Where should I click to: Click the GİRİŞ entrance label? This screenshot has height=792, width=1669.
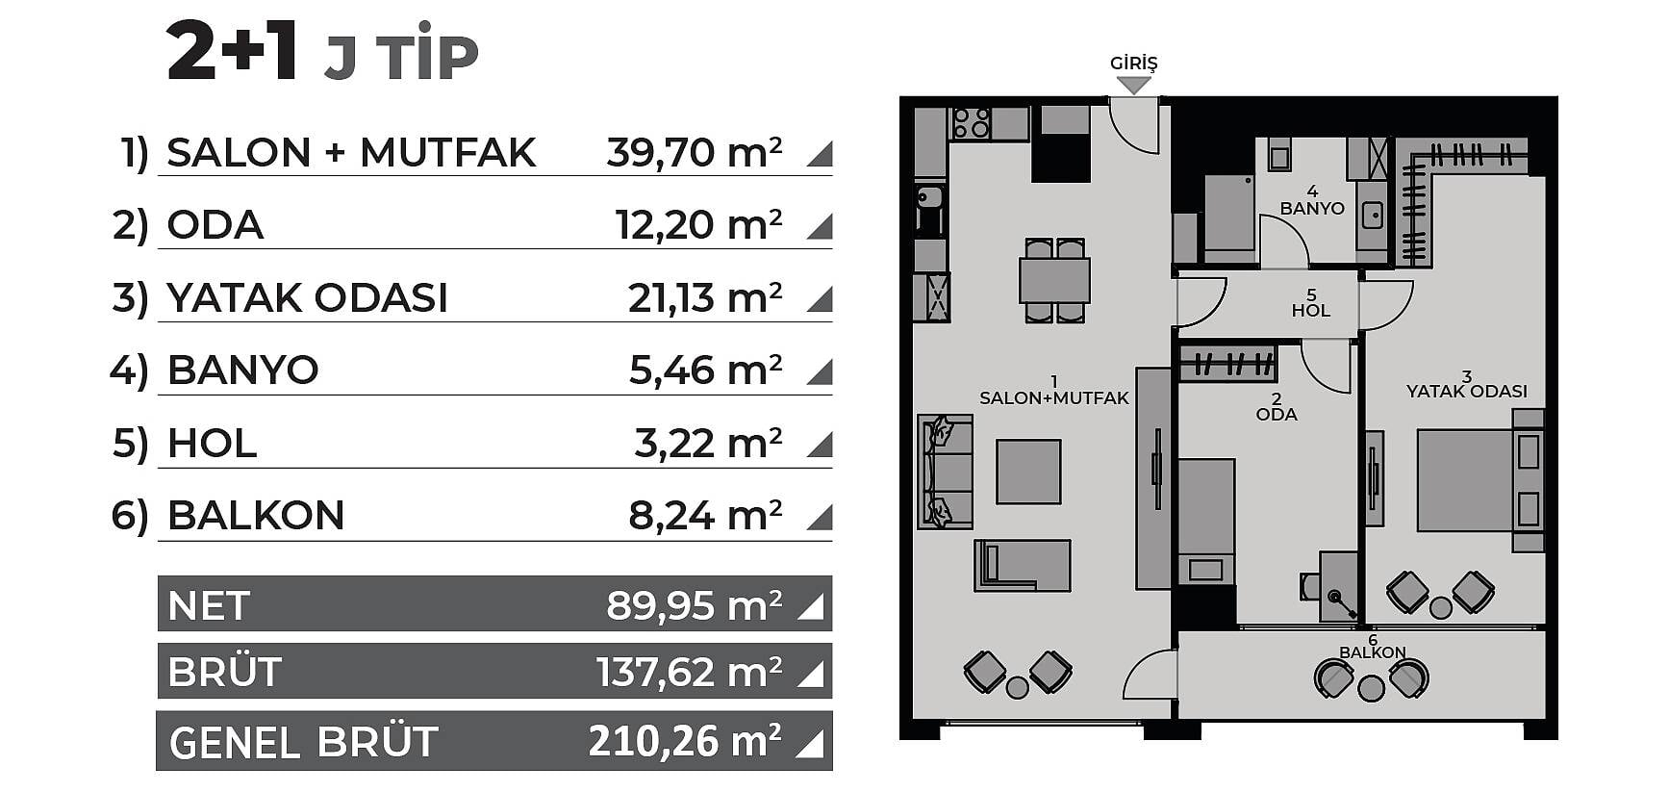[1133, 64]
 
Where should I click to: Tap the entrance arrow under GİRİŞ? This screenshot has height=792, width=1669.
[1134, 85]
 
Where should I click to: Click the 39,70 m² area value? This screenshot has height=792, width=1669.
[694, 152]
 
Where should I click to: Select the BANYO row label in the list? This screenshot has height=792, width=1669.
[242, 370]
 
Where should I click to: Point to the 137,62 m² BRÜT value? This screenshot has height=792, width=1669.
[689, 672]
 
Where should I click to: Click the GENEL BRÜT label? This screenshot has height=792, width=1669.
[303, 742]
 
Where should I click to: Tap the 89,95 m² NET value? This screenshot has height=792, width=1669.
[694, 605]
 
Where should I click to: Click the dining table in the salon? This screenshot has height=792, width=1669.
[1054, 280]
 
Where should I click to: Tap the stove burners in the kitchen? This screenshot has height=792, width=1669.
[971, 123]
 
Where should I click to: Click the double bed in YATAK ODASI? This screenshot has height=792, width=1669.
[1479, 480]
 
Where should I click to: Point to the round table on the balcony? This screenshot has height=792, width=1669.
[1371, 688]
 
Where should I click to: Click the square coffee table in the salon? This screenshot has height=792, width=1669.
[1028, 472]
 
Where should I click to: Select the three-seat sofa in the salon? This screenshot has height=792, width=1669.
[946, 472]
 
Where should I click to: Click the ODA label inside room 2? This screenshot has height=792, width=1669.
[1277, 414]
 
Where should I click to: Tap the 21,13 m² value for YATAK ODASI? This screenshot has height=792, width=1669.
[704, 298]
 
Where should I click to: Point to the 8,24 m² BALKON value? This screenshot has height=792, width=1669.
[704, 516]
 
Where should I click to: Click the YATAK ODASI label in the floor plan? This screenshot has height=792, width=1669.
[1467, 392]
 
